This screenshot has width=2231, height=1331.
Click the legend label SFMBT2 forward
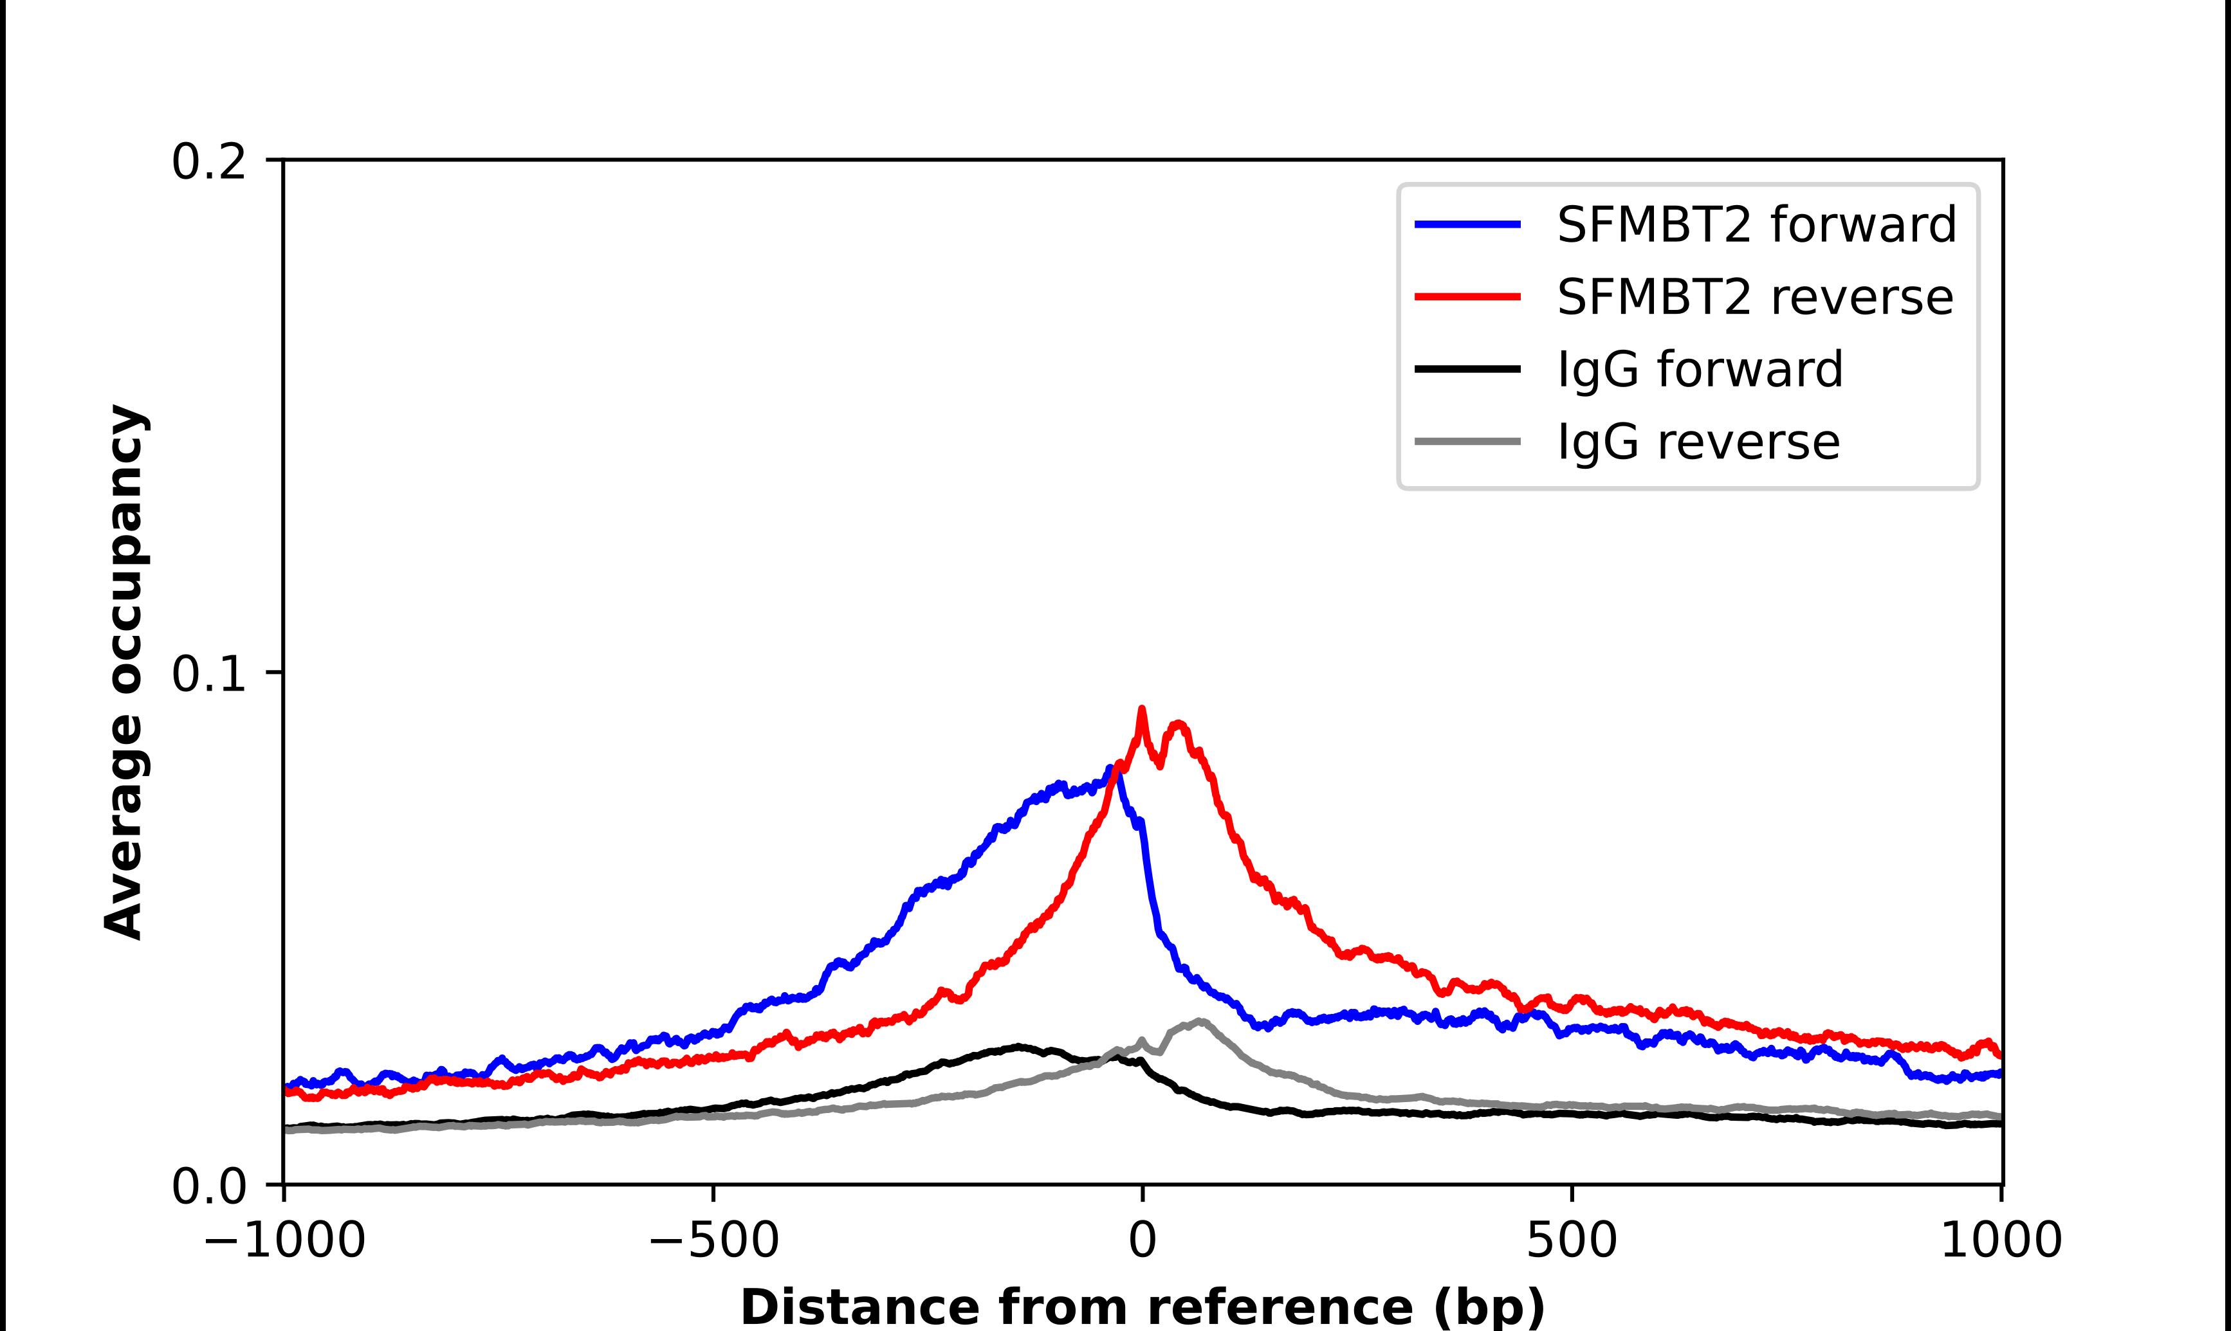[1756, 224]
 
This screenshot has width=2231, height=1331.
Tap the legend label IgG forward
[1699, 370]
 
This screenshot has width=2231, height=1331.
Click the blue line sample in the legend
[1467, 224]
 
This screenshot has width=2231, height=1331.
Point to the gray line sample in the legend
[1467, 441]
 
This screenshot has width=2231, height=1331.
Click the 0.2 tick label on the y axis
[208, 162]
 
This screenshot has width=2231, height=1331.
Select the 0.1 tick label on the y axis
[208, 674]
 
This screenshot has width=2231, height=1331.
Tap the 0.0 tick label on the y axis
[208, 1186]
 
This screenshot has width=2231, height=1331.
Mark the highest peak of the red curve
[1142, 709]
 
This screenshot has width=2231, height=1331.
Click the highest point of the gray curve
[1199, 1020]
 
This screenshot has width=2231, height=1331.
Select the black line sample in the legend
[1467, 368]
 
